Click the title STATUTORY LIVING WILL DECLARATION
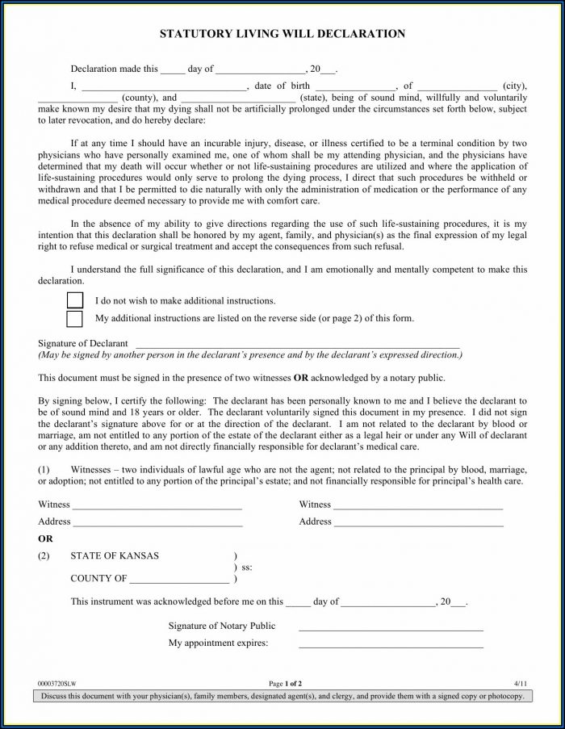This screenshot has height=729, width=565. [x=282, y=34]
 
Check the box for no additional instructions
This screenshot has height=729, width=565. [x=75, y=300]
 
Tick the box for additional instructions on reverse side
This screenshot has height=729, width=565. [x=75, y=318]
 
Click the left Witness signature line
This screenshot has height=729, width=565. [x=157, y=507]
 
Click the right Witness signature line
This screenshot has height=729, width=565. [x=418, y=507]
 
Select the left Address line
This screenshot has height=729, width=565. [x=158, y=524]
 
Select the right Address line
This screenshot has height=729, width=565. [x=419, y=524]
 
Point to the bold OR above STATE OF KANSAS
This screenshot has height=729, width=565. [x=47, y=538]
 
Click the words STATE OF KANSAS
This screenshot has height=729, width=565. [x=115, y=556]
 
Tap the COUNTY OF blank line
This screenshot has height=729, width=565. [x=179, y=580]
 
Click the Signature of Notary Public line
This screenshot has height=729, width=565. [x=391, y=628]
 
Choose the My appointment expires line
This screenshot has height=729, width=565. [x=391, y=646]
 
